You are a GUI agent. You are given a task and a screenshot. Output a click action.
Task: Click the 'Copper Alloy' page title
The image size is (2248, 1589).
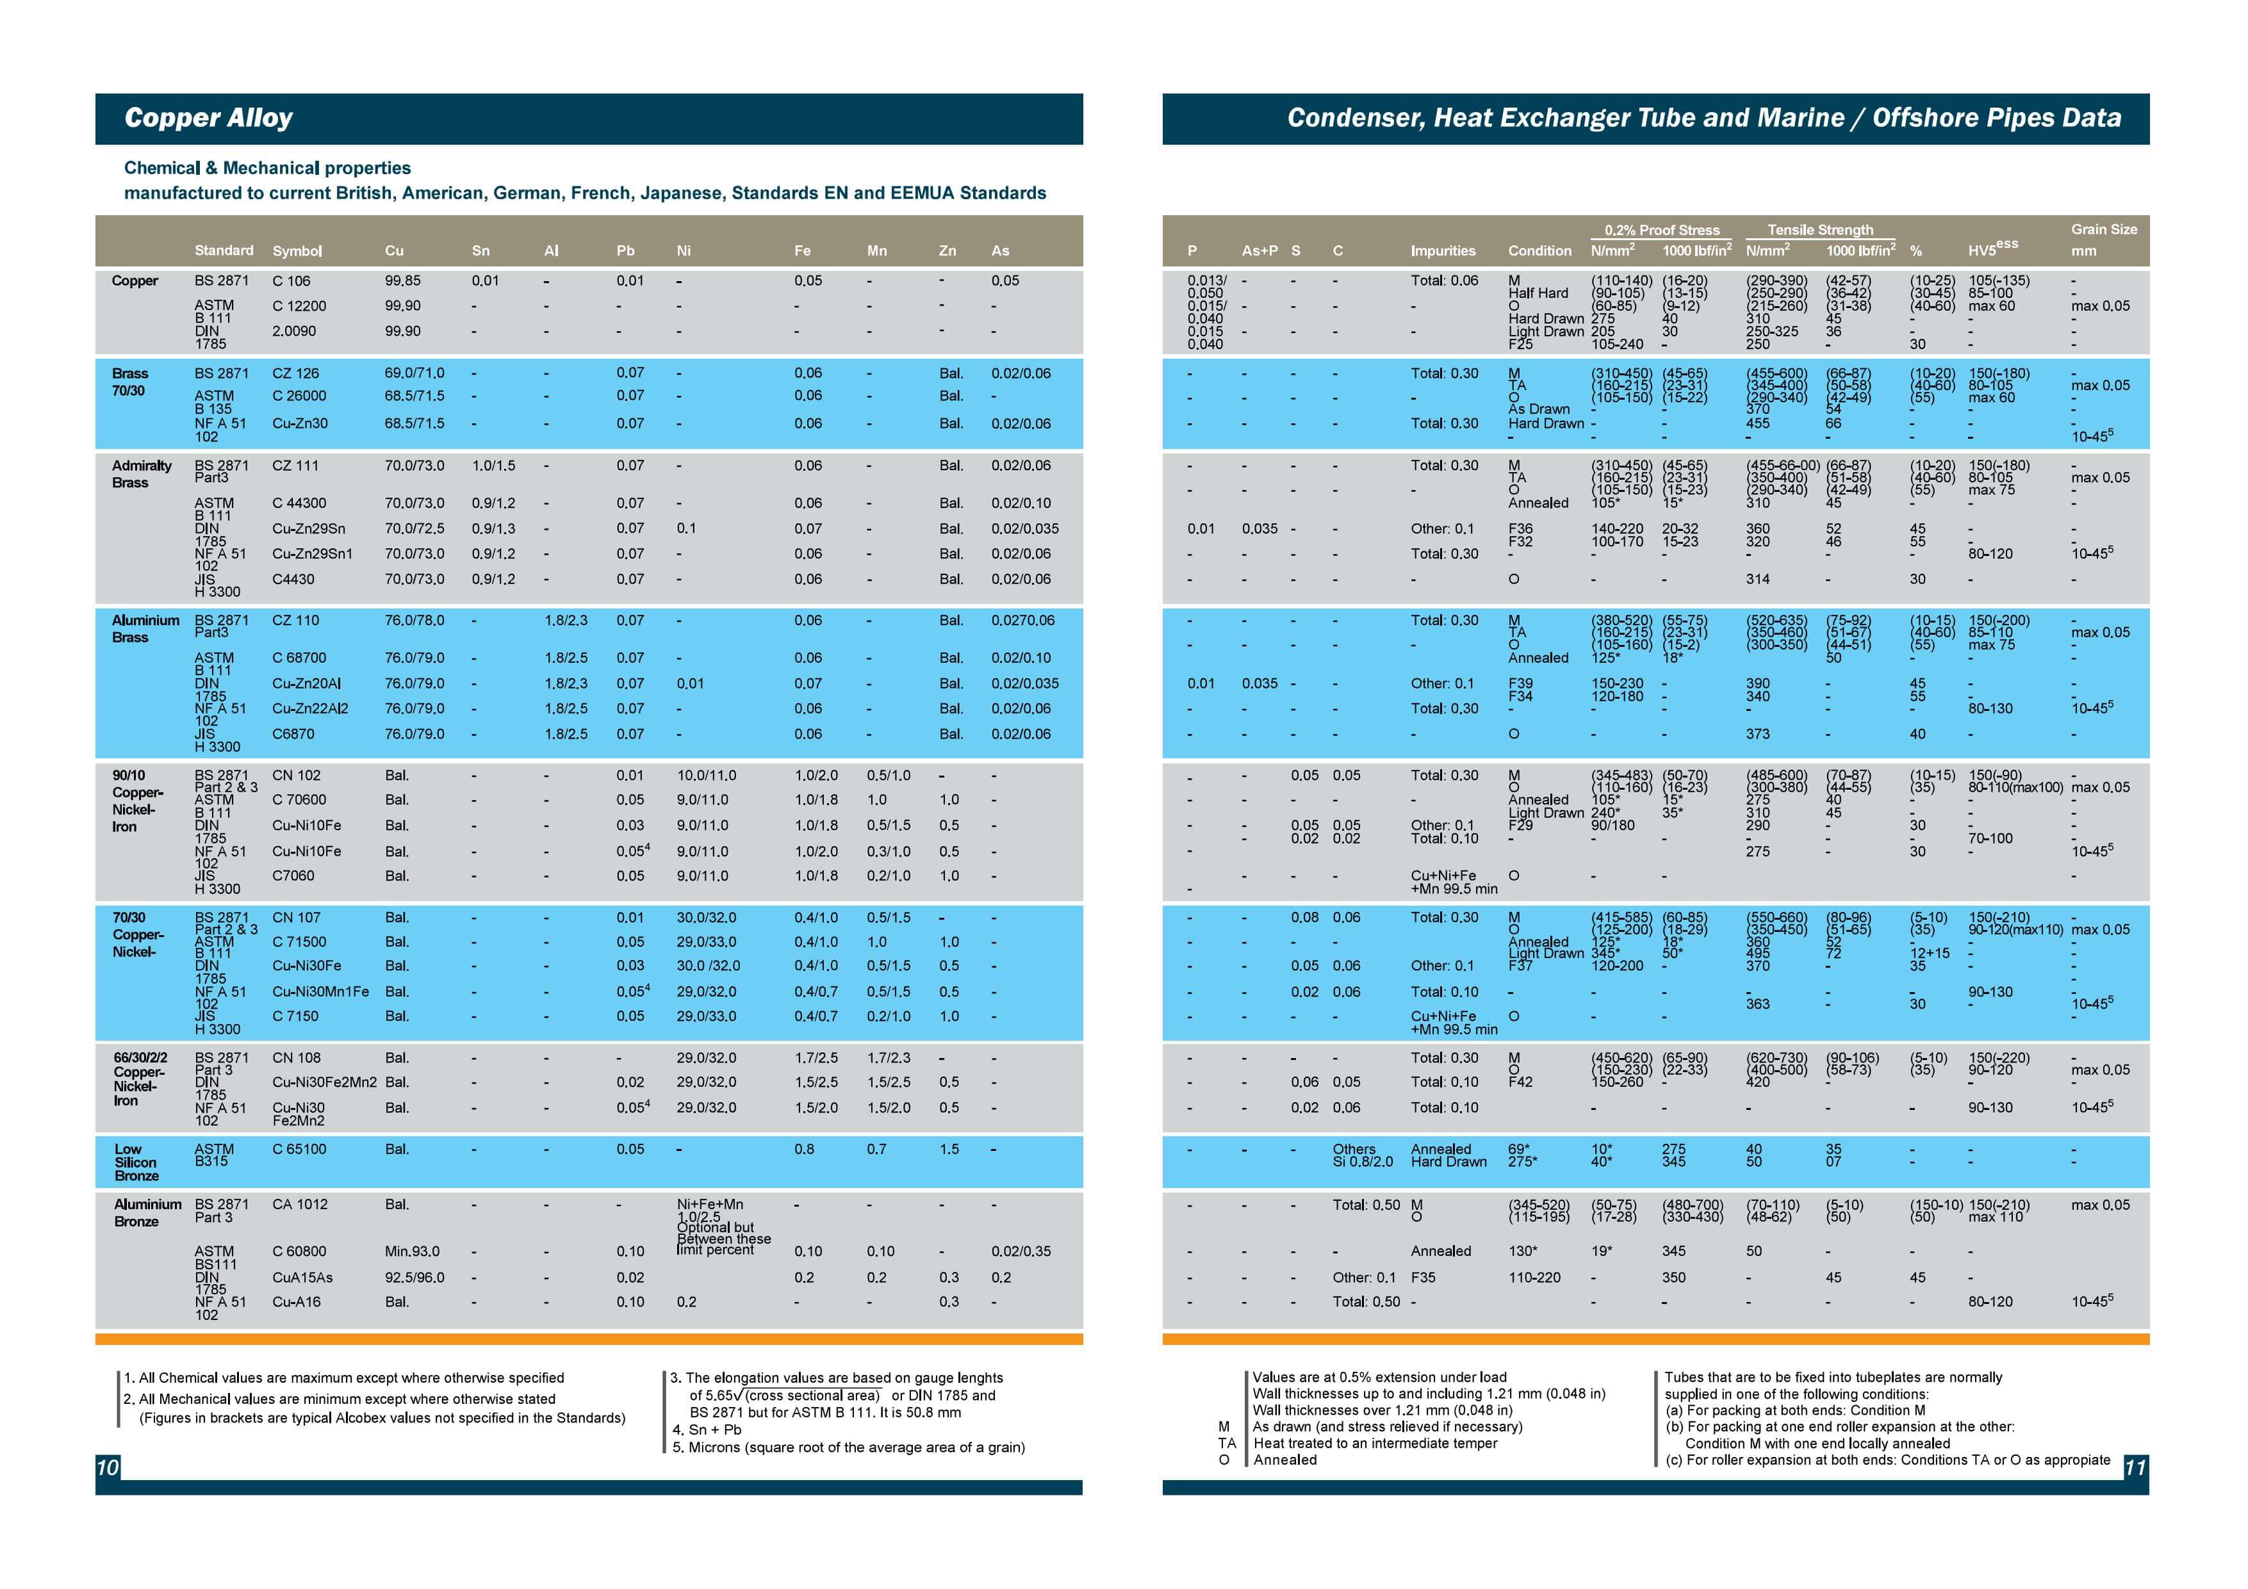[209, 118]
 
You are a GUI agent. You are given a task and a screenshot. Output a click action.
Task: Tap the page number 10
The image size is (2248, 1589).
[107, 1467]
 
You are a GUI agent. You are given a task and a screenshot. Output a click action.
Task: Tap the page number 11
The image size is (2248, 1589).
[2135, 1467]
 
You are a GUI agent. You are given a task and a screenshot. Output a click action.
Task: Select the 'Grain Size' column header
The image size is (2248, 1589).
[2104, 229]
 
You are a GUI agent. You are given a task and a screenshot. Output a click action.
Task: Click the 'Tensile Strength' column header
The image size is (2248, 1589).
[1820, 230]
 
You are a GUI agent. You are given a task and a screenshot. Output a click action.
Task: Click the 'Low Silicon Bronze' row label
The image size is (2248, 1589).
[136, 1162]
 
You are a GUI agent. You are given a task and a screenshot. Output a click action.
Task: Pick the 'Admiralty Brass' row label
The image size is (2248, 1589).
[142, 474]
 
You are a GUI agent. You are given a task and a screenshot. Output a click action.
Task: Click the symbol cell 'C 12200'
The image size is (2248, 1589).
[299, 306]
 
